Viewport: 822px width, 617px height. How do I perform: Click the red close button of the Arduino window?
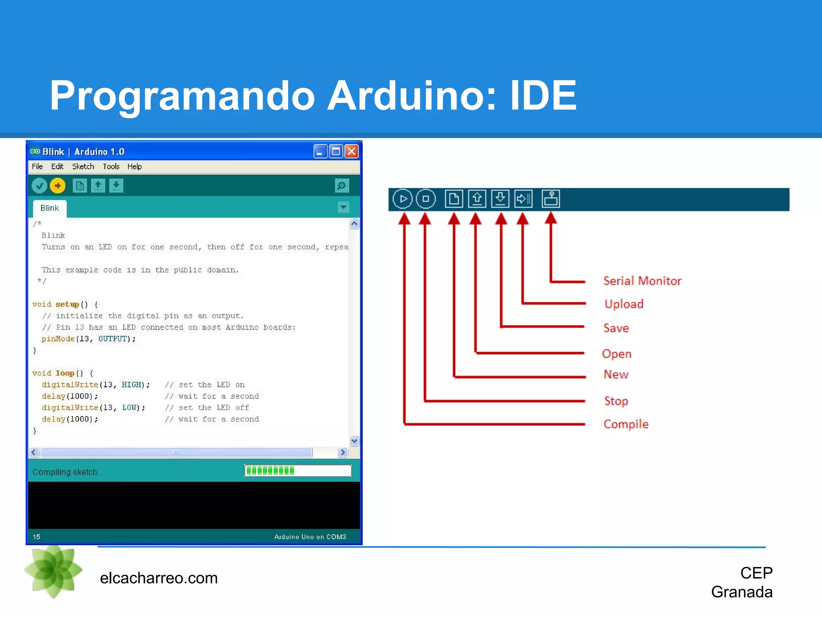352,151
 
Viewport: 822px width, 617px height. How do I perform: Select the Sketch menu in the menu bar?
83,166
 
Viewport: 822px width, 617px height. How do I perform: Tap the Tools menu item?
111,166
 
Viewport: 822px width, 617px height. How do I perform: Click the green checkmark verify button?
39,186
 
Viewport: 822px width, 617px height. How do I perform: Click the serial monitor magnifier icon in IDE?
342,186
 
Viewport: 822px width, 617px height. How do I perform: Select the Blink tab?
49,208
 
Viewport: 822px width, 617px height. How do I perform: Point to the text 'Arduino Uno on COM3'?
310,537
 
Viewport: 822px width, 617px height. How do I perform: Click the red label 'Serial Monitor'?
642,281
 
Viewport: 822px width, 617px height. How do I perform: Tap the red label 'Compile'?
626,424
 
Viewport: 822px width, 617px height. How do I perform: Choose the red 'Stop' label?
616,401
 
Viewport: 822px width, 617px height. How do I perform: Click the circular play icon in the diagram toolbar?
403,199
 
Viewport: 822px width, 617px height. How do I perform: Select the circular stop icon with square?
426,199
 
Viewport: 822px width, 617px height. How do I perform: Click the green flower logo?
53,570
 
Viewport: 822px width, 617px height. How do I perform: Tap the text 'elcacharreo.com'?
159,578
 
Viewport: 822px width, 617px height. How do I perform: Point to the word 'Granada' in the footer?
742,592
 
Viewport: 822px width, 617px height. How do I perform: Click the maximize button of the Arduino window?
336,151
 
